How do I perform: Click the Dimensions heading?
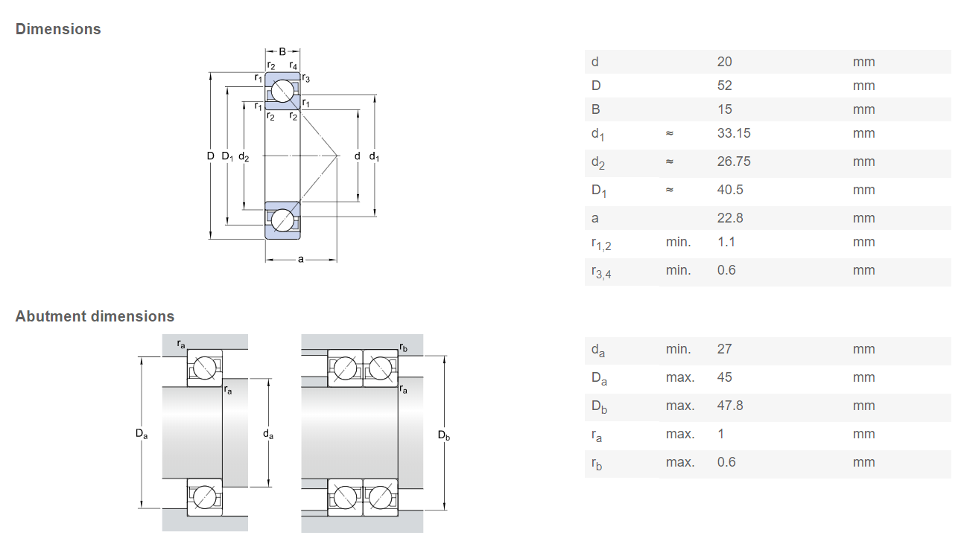pos(58,29)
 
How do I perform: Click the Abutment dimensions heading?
pos(95,316)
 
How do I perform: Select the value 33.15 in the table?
pos(734,132)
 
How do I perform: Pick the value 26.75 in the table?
pos(734,161)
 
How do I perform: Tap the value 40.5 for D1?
pos(730,190)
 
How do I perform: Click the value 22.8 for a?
pos(730,218)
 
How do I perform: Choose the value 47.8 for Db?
pos(730,406)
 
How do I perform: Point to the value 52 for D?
pos(724,86)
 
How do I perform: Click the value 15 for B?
pos(724,109)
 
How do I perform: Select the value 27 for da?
pos(724,349)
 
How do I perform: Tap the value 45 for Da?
pos(724,377)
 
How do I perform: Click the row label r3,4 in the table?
pos(601,272)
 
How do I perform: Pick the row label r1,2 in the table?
pos(601,243)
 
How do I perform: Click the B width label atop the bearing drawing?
pos(282,52)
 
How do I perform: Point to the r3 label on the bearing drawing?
pos(305,78)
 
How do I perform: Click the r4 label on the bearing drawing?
pos(293,65)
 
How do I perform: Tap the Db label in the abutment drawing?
pos(444,435)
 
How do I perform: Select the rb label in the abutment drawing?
pos(403,347)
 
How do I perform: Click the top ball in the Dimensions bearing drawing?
pos(282,91)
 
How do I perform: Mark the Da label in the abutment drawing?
pos(142,434)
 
